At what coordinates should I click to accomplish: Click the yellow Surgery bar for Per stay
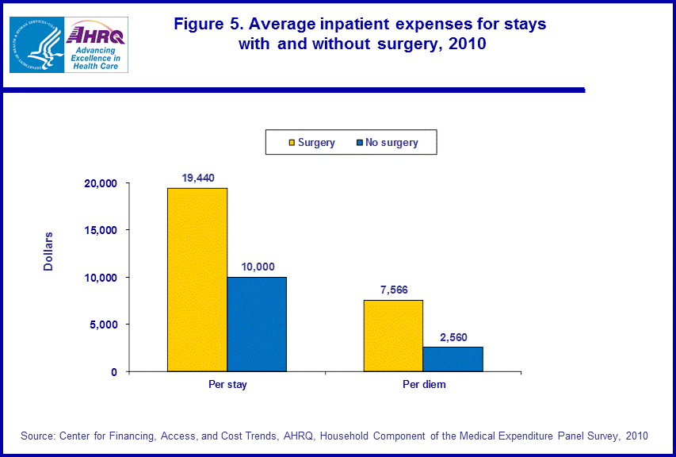197,279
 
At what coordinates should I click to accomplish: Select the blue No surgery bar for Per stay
257,324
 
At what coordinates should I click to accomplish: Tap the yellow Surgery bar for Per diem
393,336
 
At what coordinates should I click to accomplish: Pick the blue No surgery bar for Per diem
453,359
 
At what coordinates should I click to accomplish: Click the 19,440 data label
198,179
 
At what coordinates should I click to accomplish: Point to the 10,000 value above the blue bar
257,267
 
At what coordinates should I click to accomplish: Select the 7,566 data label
393,290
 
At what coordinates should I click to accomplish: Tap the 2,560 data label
453,337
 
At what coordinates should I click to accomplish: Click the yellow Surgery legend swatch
292,143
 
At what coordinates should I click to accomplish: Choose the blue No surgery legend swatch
360,143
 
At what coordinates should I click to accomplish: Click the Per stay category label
227,385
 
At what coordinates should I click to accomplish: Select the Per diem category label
423,385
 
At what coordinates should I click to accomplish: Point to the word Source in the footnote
37,436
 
